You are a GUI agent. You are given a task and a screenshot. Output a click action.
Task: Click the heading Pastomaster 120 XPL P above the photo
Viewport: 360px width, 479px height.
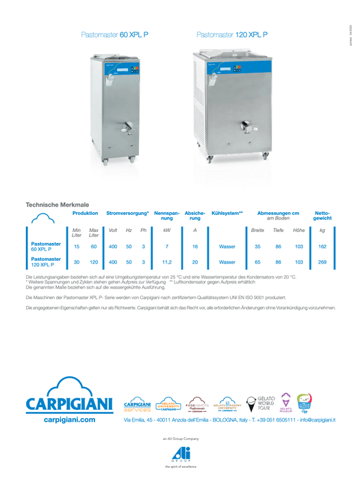pyautogui.click(x=231, y=34)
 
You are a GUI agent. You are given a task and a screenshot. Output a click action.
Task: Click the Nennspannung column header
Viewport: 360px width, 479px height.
pyautogui.click(x=167, y=216)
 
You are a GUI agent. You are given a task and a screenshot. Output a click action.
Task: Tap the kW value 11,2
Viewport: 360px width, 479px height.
pyautogui.click(x=166, y=262)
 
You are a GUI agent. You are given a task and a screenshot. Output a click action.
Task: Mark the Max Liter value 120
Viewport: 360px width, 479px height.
pyautogui.click(x=94, y=262)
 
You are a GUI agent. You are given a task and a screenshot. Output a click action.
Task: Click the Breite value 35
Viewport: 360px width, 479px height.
pyautogui.click(x=257, y=246)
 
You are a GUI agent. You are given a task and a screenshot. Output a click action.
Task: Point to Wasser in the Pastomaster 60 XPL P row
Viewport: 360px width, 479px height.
pyautogui.click(x=227, y=246)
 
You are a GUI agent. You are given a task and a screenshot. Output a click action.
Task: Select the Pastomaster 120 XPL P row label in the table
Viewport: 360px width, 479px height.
pyautogui.click(x=46, y=262)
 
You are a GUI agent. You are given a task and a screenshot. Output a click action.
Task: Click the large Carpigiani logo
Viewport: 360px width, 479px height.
pyautogui.click(x=69, y=398)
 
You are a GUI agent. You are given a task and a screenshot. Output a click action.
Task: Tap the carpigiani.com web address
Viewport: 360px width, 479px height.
pyautogui.click(x=69, y=419)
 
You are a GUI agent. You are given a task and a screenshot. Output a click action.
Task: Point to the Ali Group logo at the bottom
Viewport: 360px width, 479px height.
pyautogui.click(x=181, y=453)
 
